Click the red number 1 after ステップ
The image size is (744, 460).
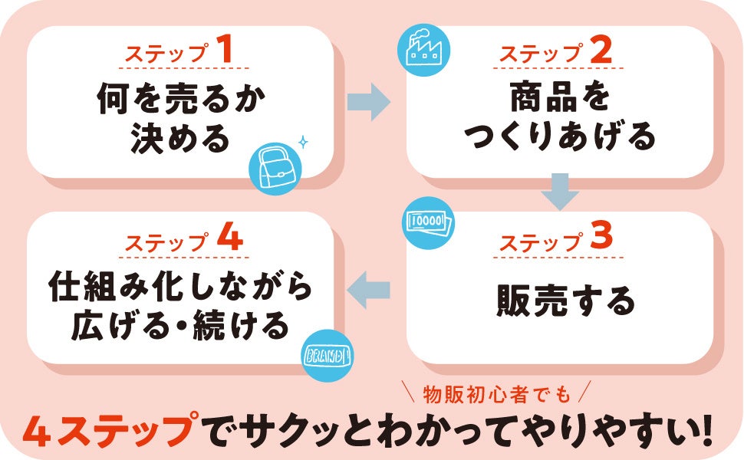(x=224, y=51)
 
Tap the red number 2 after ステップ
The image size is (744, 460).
(x=602, y=51)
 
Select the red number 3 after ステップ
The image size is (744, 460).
(x=602, y=239)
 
